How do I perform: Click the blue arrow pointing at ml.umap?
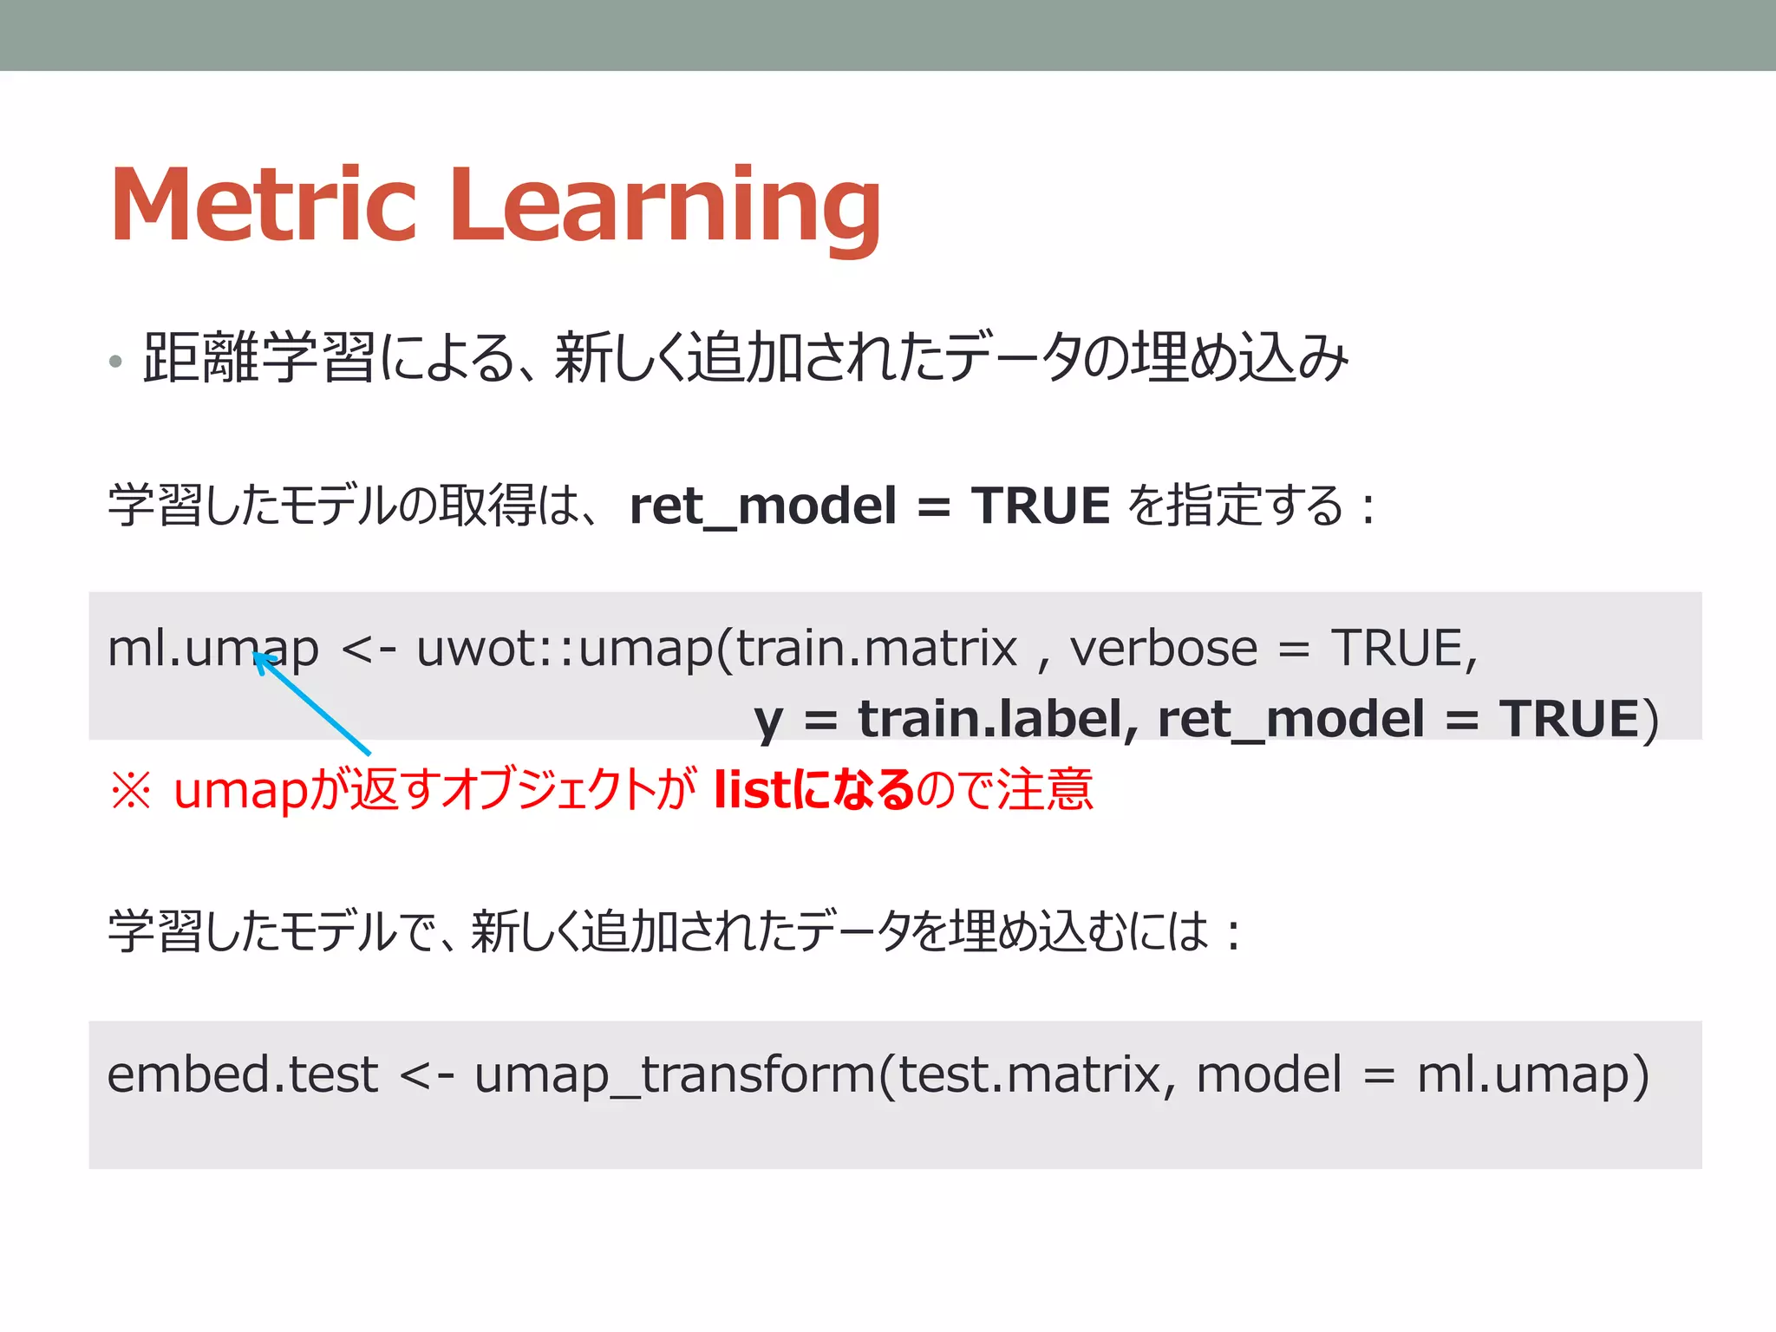(312, 703)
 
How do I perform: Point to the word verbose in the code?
(1163, 649)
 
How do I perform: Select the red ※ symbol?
(131, 790)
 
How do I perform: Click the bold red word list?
(751, 789)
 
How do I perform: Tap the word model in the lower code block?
(1270, 1075)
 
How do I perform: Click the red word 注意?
(1044, 790)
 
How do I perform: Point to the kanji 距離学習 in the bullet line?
(258, 358)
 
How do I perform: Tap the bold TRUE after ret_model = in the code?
(1570, 719)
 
